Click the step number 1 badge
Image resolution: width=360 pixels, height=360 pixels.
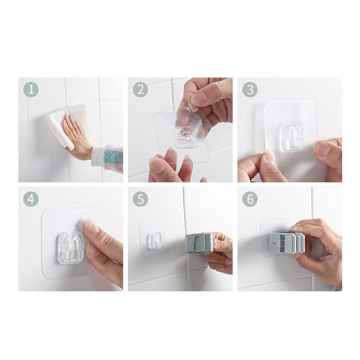click(x=31, y=89)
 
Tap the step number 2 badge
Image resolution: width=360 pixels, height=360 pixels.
click(x=140, y=89)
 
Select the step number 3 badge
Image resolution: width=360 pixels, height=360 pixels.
click(x=250, y=89)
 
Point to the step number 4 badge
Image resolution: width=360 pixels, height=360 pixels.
click(x=31, y=199)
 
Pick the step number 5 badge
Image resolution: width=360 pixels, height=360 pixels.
click(x=140, y=199)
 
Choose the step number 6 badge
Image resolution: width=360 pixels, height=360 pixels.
click(x=250, y=199)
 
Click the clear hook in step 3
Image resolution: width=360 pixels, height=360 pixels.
click(x=291, y=137)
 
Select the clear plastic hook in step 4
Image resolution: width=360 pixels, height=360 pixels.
click(x=71, y=247)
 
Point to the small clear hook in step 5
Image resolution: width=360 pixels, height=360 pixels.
click(x=154, y=241)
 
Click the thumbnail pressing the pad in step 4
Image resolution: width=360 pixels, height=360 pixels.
click(x=90, y=226)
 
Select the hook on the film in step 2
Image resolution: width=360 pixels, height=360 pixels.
click(x=186, y=137)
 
